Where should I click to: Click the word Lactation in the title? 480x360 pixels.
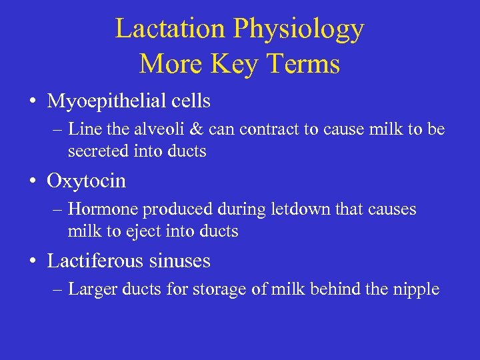point(171,29)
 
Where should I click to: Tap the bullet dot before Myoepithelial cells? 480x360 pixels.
point(33,102)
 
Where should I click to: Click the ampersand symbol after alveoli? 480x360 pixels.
point(214,130)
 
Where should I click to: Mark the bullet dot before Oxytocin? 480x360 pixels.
point(33,181)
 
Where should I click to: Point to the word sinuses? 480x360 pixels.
point(181,261)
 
